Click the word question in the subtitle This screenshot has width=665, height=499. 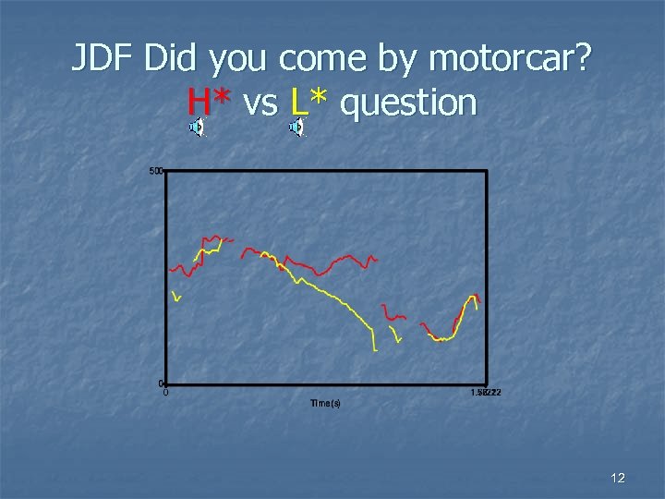(408, 103)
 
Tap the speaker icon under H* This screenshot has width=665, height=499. (196, 128)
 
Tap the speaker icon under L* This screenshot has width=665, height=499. (296, 128)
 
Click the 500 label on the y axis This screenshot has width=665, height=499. (155, 171)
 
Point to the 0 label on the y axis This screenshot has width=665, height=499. (160, 383)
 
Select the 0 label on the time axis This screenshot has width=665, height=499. (166, 393)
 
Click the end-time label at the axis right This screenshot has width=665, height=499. (485, 393)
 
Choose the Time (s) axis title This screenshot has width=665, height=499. (325, 403)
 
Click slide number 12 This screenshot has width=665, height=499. (618, 478)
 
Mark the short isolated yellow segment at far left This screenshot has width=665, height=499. (176, 297)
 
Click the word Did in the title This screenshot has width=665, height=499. (174, 60)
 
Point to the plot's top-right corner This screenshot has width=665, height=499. (486, 171)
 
